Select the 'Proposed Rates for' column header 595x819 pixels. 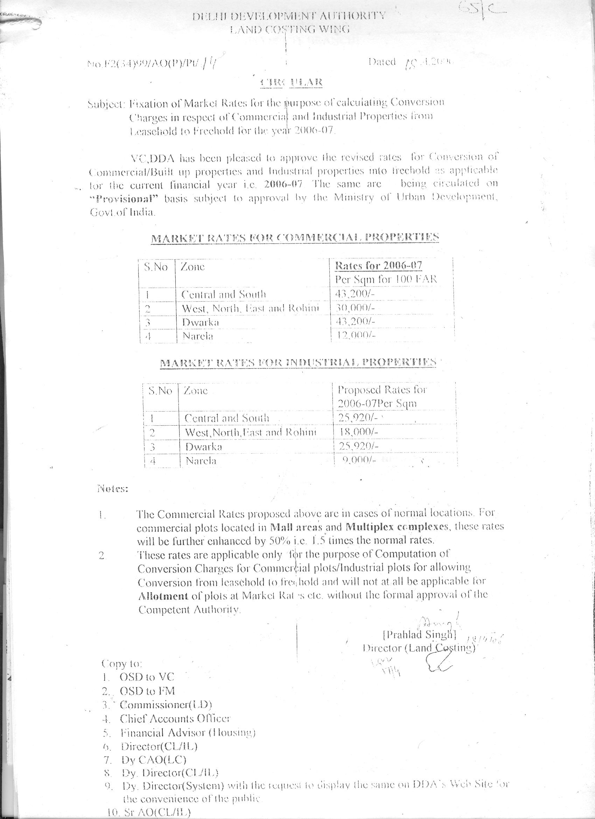[x=382, y=390]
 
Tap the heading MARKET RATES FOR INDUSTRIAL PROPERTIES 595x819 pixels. [x=298, y=363]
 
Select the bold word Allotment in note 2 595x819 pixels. [x=163, y=596]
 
